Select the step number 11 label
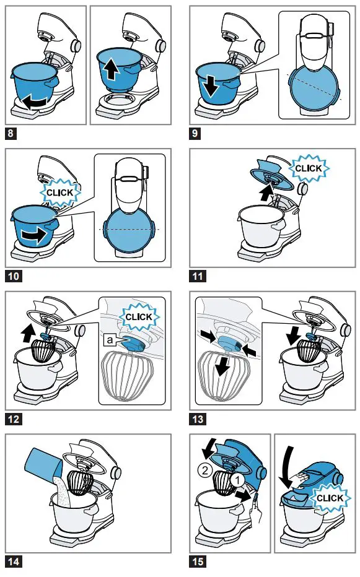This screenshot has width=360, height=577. tap(198, 275)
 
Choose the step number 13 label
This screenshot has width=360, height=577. tap(198, 419)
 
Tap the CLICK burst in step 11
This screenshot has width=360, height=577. tap(308, 168)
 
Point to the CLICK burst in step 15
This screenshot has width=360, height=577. tap(329, 498)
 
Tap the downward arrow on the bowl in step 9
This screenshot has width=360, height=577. tap(211, 85)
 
